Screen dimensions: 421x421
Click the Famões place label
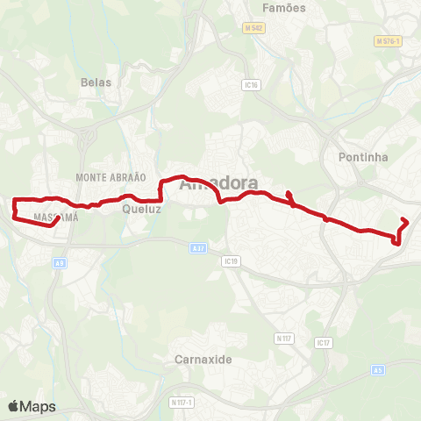tap(284, 7)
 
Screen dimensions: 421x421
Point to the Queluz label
tap(139, 210)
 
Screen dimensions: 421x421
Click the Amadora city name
tap(218, 184)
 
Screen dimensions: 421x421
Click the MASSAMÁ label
tap(55, 216)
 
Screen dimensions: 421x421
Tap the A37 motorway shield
tap(199, 248)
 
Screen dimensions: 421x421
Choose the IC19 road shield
tap(232, 260)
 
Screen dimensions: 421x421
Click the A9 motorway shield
tap(60, 261)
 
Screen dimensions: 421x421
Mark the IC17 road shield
tap(324, 342)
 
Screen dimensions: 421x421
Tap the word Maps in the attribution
tap(39, 406)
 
